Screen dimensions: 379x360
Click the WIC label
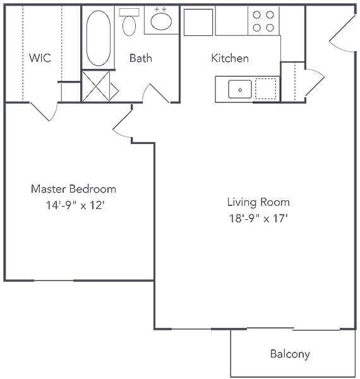(39, 58)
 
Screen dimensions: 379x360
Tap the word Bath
(140, 58)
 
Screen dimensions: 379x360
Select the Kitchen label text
(229, 58)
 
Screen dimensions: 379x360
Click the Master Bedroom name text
(74, 189)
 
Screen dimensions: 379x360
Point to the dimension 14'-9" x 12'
(74, 205)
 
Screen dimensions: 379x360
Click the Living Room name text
(258, 202)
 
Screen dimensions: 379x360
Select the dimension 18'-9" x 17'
(258, 219)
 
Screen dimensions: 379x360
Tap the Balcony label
(290, 354)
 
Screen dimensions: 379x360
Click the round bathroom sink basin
(161, 21)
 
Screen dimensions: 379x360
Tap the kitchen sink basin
(240, 89)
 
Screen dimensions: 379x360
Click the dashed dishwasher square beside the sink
(265, 89)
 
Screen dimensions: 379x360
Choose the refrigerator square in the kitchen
(198, 21)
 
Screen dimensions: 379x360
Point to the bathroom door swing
(155, 95)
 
